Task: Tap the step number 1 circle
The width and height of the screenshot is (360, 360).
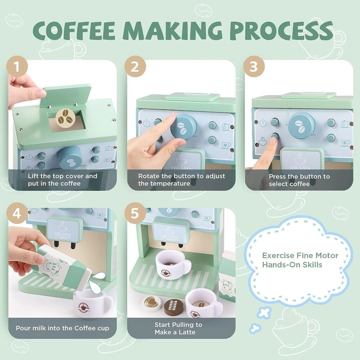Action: click(17, 67)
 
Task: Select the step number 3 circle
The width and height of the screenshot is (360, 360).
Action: click(254, 67)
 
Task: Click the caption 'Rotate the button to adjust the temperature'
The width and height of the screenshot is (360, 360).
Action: click(181, 180)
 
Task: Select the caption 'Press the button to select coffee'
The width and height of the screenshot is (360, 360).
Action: click(299, 180)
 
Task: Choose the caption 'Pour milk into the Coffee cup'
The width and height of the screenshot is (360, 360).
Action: click(62, 328)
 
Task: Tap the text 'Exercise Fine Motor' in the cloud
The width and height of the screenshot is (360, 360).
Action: click(300, 256)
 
